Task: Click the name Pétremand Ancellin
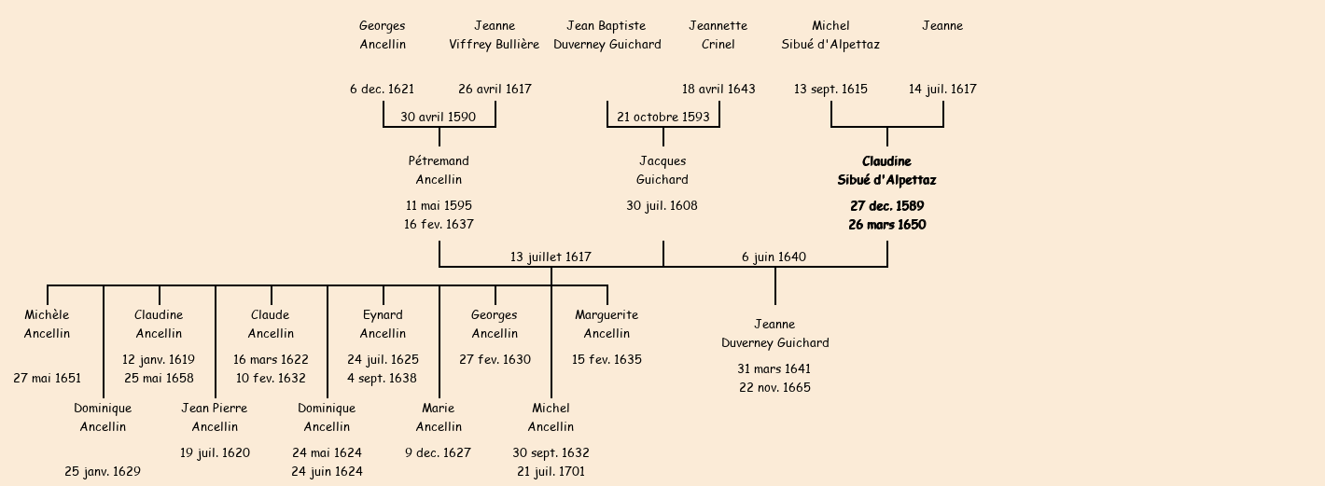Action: pos(439,171)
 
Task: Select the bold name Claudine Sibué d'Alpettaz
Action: pos(886,171)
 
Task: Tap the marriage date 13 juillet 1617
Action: pos(551,257)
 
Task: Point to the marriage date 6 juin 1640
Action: pos(774,257)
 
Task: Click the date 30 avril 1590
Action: pos(439,117)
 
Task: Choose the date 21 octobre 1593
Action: pos(662,117)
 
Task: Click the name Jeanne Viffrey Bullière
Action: pos(495,35)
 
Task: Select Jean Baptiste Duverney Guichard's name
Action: pos(607,35)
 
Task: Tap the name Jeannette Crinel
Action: pos(718,35)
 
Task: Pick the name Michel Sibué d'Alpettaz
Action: pos(830,35)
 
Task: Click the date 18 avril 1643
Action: pos(718,89)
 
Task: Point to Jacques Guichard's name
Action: pos(662,171)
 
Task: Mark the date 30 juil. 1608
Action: pos(662,205)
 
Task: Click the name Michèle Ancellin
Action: pos(47,324)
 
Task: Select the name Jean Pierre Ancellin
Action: pos(215,417)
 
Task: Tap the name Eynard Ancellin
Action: pos(383,324)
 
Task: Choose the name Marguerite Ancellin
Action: pos(607,324)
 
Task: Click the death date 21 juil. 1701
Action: pos(551,471)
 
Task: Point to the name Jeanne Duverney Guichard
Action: pos(774,333)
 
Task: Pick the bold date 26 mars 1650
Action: pos(886,225)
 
